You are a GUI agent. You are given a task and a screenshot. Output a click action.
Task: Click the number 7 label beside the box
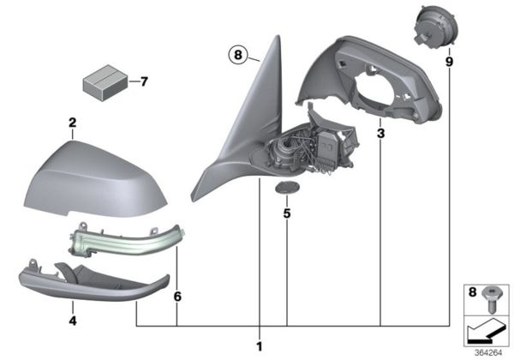point(144,82)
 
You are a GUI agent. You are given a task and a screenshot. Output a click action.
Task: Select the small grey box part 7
point(102,83)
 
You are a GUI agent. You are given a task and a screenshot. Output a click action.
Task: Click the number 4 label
point(73,321)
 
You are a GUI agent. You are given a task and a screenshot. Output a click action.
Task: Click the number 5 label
point(287,210)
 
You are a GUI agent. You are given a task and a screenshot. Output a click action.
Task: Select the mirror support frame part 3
point(377,77)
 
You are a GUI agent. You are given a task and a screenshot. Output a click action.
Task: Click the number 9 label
point(450,63)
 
